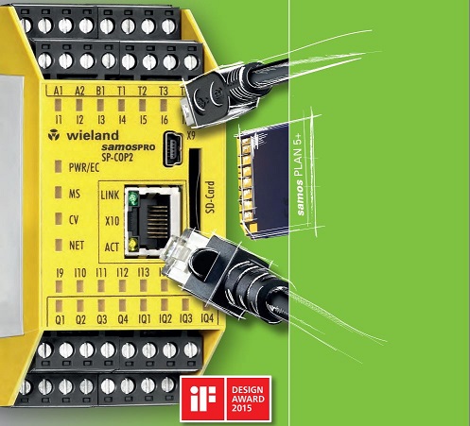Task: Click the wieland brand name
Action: pyautogui.click(x=93, y=136)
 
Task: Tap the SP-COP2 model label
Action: pyautogui.click(x=118, y=157)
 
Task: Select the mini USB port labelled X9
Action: pyautogui.click(x=173, y=149)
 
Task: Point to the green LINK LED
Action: pyautogui.click(x=133, y=198)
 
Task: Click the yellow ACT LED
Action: pyautogui.click(x=133, y=245)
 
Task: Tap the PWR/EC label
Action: pyautogui.click(x=84, y=168)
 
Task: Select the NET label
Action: pyautogui.click(x=77, y=246)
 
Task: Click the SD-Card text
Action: pyautogui.click(x=210, y=197)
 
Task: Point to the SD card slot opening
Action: pyautogui.click(x=195, y=189)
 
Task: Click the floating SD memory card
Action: pyautogui.click(x=264, y=181)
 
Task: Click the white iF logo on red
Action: pyautogui.click(x=202, y=399)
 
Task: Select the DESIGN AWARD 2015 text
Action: pyautogui.click(x=248, y=399)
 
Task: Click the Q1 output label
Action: pyautogui.click(x=60, y=320)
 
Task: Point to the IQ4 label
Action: pyautogui.click(x=207, y=318)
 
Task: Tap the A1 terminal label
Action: pyautogui.click(x=58, y=91)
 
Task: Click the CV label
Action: pyautogui.click(x=74, y=220)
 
